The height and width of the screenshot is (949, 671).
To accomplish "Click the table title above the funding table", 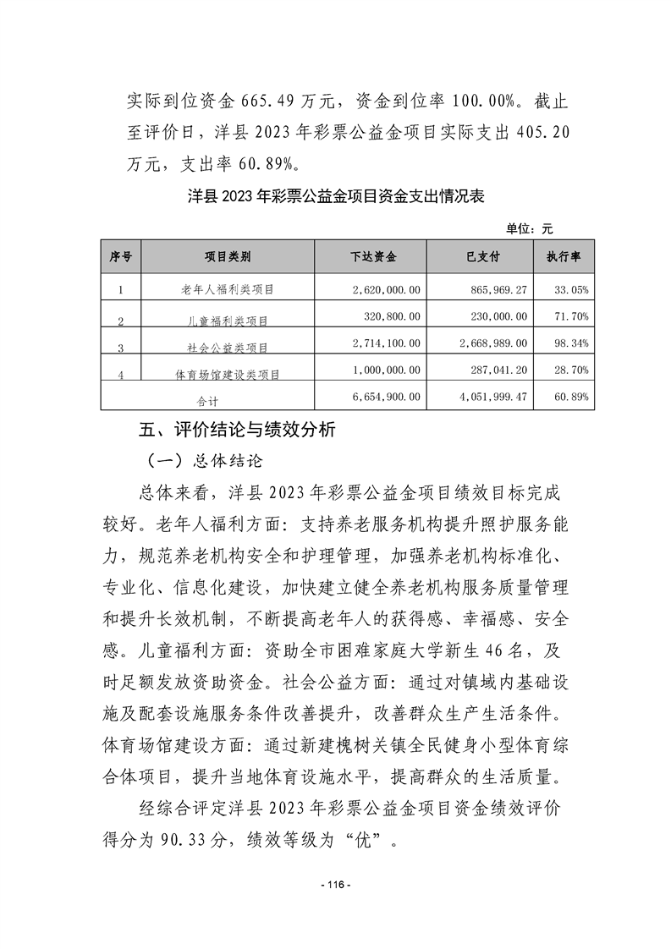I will pos(335,196).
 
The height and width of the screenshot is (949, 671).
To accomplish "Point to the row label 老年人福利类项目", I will pos(228,290).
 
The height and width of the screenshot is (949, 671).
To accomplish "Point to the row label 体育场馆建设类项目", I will pos(228,373).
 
